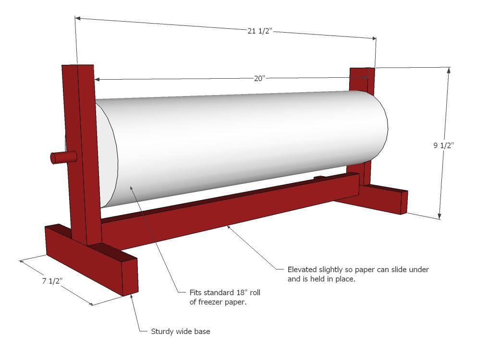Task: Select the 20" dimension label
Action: point(260,79)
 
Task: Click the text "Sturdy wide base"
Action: point(181,331)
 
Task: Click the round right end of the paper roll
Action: point(379,127)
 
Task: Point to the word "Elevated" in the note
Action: point(302,269)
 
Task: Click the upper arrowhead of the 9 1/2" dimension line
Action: point(449,69)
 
